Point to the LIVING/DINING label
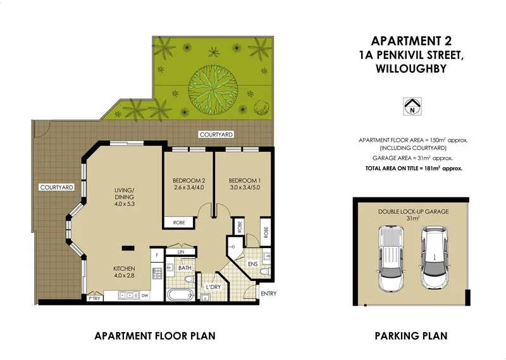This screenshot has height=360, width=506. coord(125,192)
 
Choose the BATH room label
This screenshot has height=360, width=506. coord(184,268)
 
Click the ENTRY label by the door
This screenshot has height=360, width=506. coord(268,294)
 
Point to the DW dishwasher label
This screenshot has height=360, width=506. coord(145,295)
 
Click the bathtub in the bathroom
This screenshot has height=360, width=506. coord(182,294)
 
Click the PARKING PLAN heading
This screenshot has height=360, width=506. coord(411,335)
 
